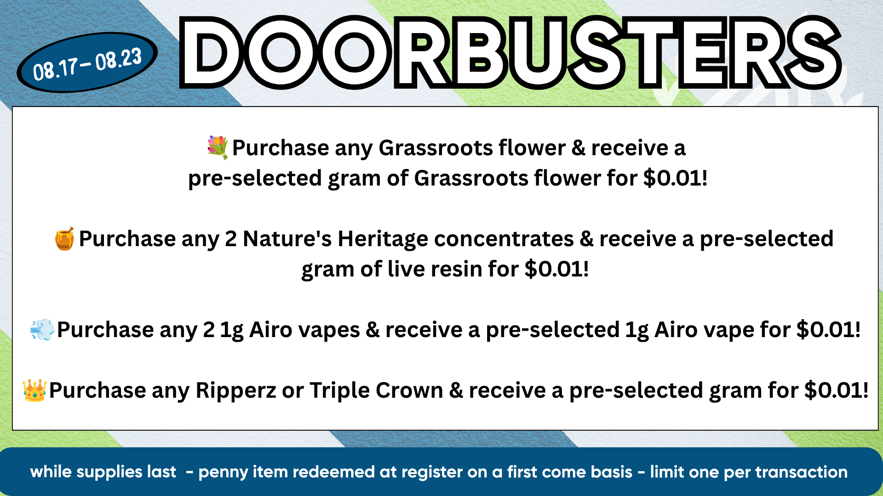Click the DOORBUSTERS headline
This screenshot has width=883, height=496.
[x=510, y=52]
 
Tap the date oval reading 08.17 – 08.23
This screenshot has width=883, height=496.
[x=87, y=62]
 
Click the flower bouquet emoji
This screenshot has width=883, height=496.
[x=218, y=147]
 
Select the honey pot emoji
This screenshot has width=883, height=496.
[x=65, y=238]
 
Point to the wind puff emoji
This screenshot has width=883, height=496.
[x=42, y=329]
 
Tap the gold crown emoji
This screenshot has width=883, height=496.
[x=34, y=390]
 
